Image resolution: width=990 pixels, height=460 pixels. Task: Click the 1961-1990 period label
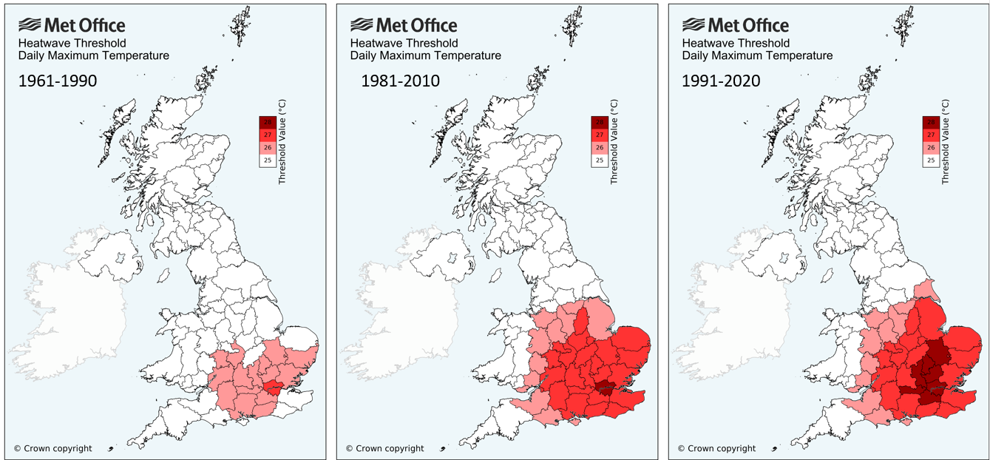(58, 81)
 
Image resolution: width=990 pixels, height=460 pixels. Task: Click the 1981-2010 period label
(400, 81)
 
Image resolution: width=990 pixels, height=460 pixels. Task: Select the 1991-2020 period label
(721, 81)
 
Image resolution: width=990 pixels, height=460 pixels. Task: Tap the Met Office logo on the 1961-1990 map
(72, 26)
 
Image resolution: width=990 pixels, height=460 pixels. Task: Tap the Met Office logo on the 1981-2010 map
(404, 26)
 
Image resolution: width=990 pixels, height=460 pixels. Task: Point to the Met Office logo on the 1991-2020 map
(735, 26)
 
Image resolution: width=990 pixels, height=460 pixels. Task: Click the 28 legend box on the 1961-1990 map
(268, 122)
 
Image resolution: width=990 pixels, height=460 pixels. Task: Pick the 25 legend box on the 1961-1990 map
(268, 160)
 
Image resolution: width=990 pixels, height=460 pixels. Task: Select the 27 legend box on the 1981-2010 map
(600, 135)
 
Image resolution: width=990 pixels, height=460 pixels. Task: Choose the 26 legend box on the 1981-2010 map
(600, 147)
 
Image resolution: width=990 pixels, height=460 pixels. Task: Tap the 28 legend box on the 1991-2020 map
(931, 122)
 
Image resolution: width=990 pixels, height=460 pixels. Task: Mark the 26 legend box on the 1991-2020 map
(931, 147)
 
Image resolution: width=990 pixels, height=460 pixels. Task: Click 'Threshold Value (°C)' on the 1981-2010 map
(615, 141)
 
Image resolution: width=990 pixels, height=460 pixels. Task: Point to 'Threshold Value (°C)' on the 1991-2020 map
(946, 141)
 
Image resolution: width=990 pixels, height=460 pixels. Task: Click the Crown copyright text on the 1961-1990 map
(52, 448)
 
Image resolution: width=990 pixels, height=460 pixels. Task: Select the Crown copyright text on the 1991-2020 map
(716, 448)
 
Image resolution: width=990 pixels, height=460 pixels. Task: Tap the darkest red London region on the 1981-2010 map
(606, 388)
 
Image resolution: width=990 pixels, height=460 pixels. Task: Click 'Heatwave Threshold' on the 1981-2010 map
(404, 44)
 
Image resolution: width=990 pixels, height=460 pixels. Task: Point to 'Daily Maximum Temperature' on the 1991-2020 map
(757, 55)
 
